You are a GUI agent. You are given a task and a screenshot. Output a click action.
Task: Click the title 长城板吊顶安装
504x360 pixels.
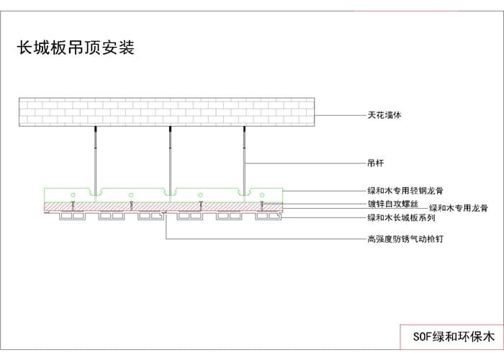76,48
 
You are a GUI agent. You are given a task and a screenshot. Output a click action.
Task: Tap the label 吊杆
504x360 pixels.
374,163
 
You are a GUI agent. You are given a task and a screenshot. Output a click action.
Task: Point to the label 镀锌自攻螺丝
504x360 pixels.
393,204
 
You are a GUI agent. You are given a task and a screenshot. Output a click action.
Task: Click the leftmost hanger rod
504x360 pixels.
95,158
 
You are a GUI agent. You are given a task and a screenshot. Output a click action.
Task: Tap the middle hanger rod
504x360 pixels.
170,158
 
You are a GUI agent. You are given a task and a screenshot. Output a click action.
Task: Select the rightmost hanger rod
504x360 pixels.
244,158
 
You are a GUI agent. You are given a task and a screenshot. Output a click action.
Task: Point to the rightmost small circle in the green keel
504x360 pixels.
262,194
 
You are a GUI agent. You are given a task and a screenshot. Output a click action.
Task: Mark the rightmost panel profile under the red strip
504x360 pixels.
267,215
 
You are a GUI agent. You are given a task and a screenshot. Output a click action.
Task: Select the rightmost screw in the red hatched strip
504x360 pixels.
262,207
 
